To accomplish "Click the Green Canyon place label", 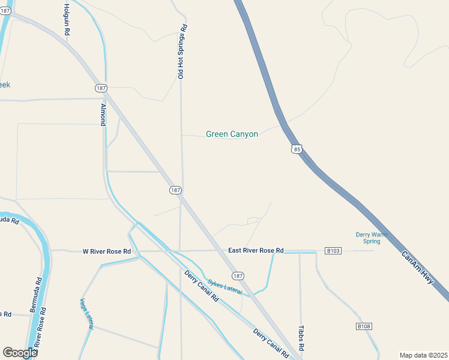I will (232, 134).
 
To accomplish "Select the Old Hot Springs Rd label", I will (181, 52).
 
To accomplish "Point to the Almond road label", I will (103, 115).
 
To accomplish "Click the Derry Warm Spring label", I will (372, 238).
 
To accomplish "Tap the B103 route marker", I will (333, 250).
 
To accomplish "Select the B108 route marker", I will (363, 326).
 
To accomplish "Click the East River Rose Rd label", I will (256, 250).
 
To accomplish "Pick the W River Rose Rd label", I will (106, 251).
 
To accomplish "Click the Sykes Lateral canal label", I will (224, 287).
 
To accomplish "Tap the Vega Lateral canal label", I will (86, 313).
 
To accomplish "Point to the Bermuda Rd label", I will (36, 295).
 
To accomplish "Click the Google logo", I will (20, 353).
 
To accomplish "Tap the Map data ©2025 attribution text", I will (423, 355).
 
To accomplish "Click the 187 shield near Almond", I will (101, 88).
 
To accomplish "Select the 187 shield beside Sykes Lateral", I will (238, 276).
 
